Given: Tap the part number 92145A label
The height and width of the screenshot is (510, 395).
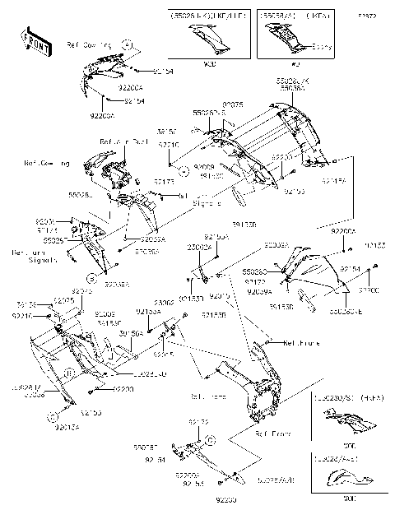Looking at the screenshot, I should [333, 179].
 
